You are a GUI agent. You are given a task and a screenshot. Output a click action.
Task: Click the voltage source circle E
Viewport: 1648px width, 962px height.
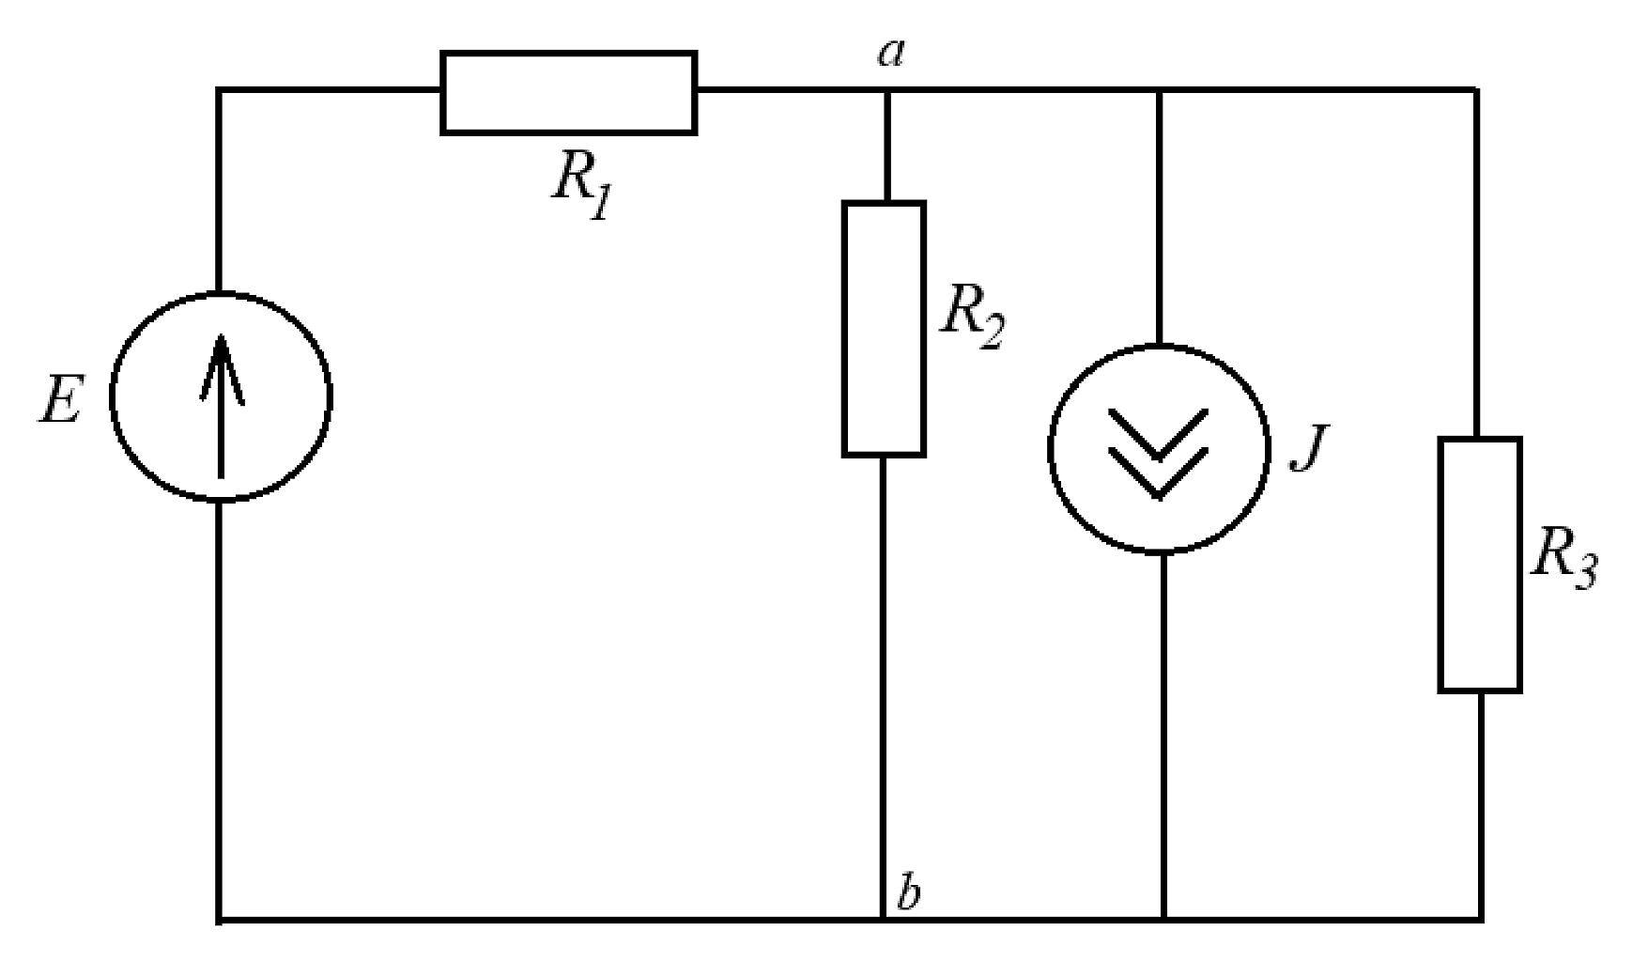[x=113, y=396]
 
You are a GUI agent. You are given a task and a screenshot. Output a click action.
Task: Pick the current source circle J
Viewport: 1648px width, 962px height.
[x=1050, y=449]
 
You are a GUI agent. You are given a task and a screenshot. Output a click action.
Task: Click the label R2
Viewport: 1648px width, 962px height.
[x=973, y=317]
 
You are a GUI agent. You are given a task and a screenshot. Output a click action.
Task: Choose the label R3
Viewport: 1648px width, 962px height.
[x=1563, y=560]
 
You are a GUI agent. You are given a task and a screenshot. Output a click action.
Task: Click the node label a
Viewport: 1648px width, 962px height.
[x=891, y=54]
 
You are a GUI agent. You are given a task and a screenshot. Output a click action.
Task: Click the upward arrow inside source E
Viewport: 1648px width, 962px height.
[x=222, y=406]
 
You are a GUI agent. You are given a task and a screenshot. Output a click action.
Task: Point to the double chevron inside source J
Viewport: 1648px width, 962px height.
[x=1158, y=453]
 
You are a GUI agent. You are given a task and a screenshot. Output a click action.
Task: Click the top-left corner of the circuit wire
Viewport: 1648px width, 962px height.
[x=220, y=90]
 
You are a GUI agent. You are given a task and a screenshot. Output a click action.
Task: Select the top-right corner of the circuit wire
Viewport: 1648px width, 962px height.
[x=1479, y=90]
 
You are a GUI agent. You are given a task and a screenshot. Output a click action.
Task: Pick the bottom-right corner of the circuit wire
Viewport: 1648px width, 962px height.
[x=1481, y=918]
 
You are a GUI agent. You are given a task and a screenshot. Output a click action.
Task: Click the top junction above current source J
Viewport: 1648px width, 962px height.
[x=1160, y=90]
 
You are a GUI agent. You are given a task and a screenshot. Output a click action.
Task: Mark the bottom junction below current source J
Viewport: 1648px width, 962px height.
[x=1163, y=918]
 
